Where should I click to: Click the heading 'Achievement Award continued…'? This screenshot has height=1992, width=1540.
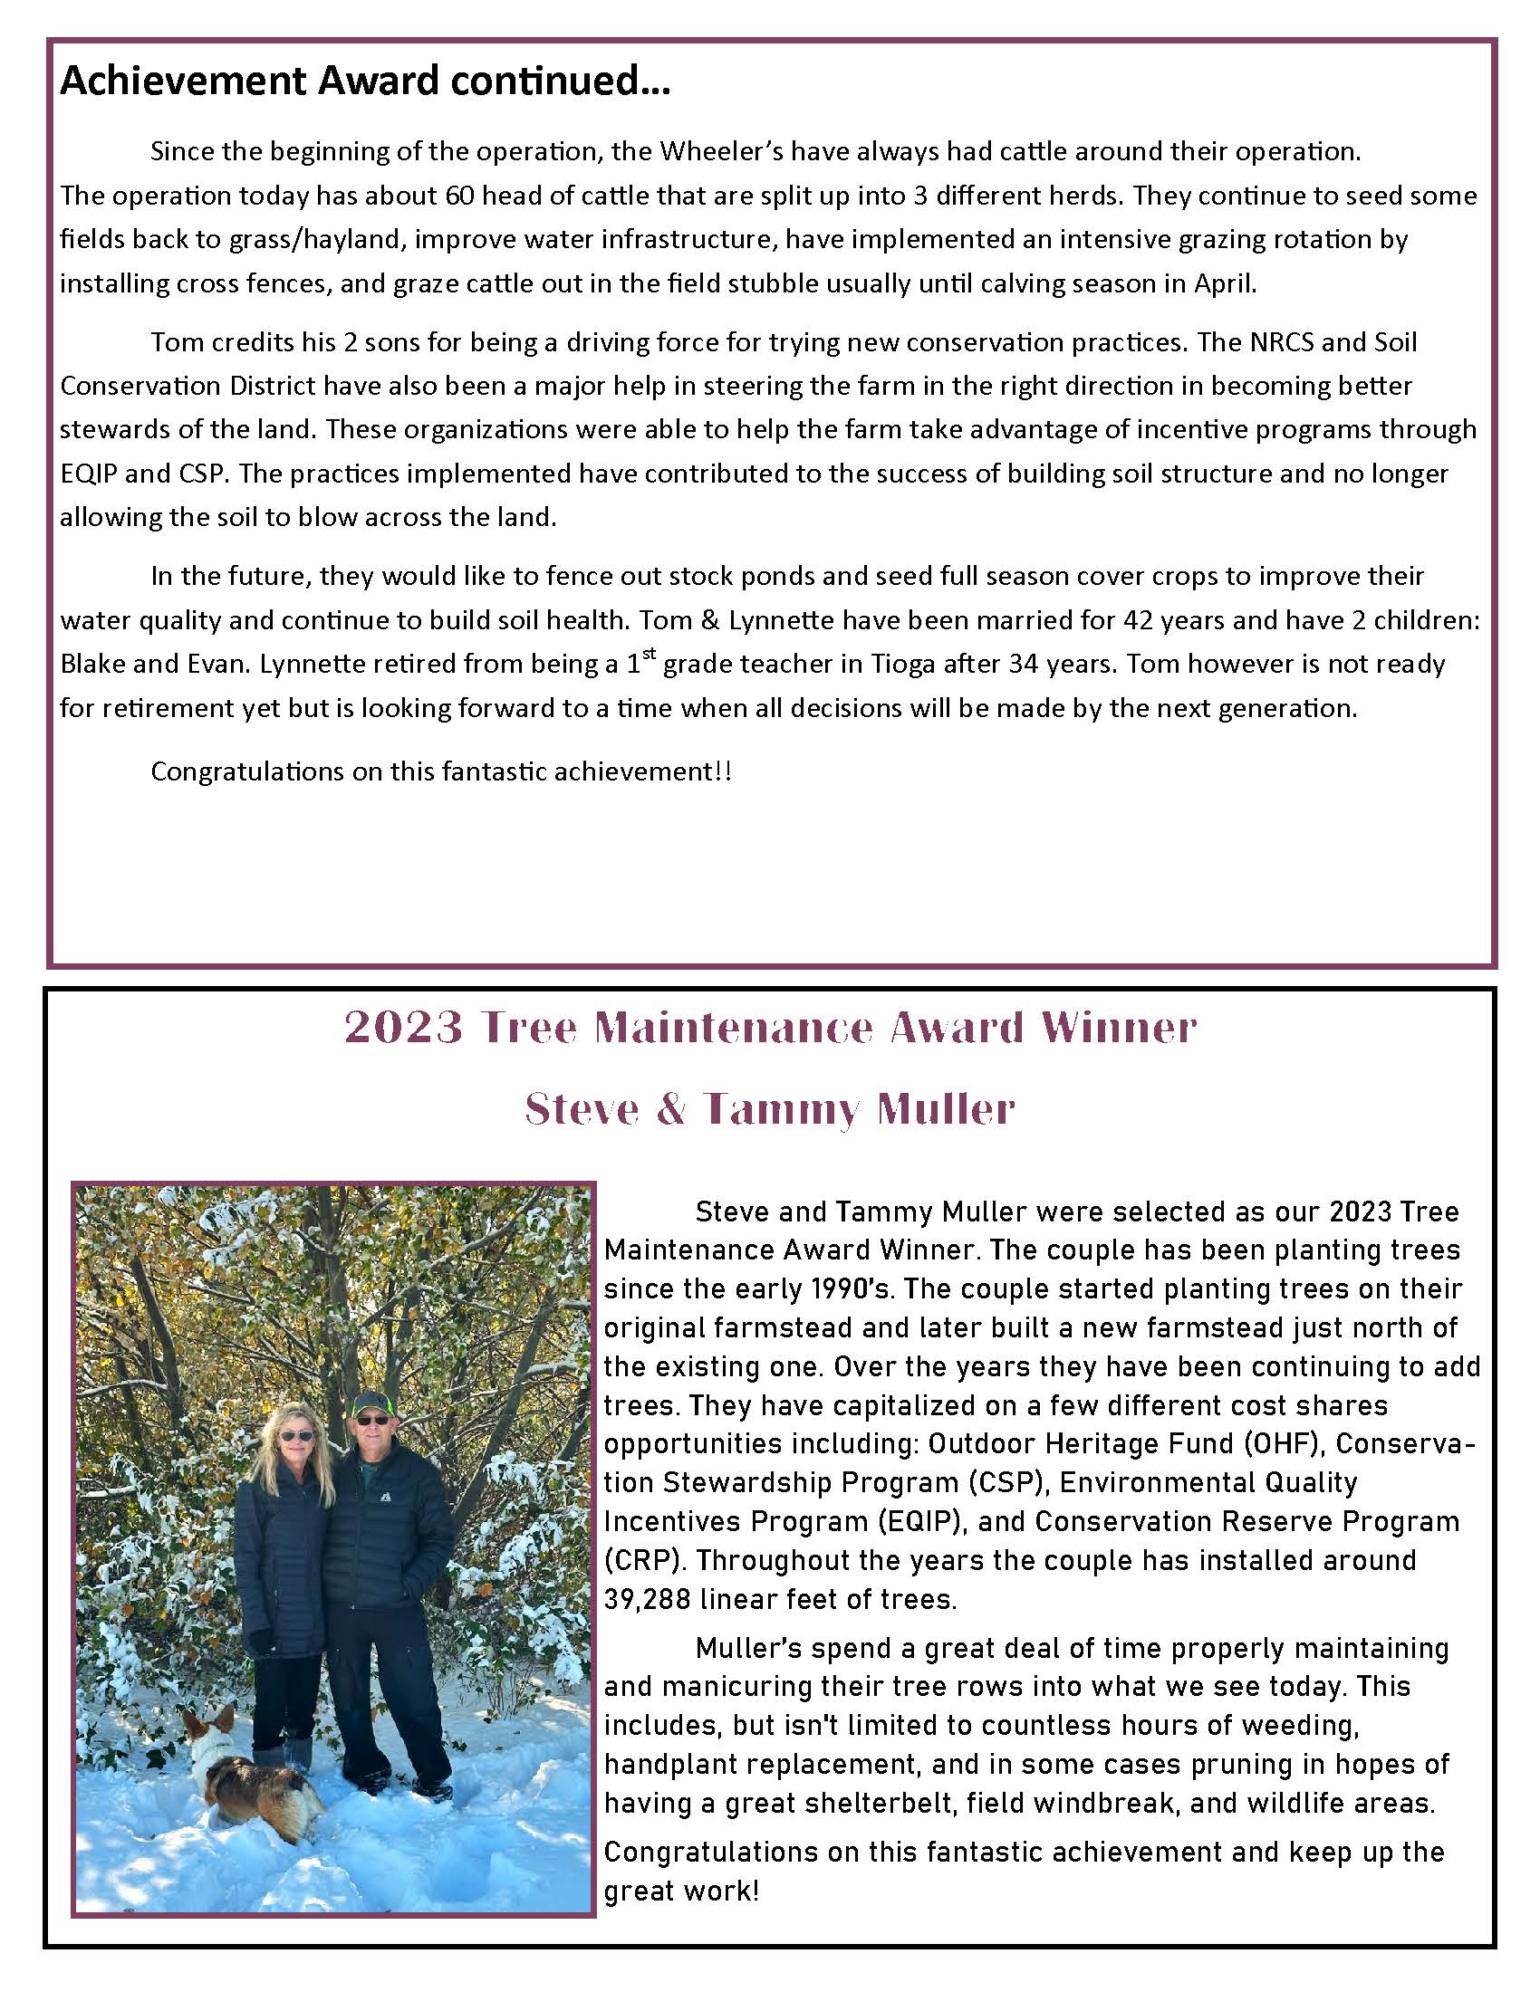pyautogui.click(x=365, y=82)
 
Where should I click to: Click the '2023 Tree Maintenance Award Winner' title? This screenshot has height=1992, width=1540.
pyautogui.click(x=771, y=1028)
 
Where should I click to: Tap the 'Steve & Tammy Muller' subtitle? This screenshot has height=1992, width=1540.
pyautogui.click(x=771, y=1109)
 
